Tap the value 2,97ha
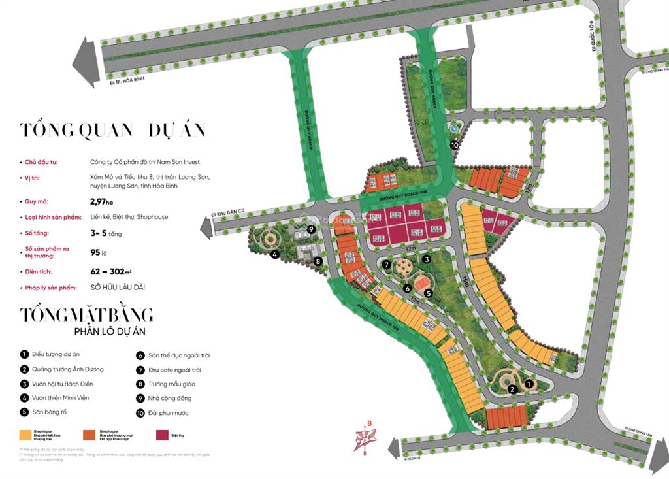[102, 202]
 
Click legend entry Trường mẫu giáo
[171, 384]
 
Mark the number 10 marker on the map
[455, 145]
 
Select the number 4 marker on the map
[276, 254]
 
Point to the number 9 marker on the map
[312, 229]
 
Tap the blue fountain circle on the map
[452, 130]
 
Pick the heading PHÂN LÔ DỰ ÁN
[110, 332]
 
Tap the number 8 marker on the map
[318, 262]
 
